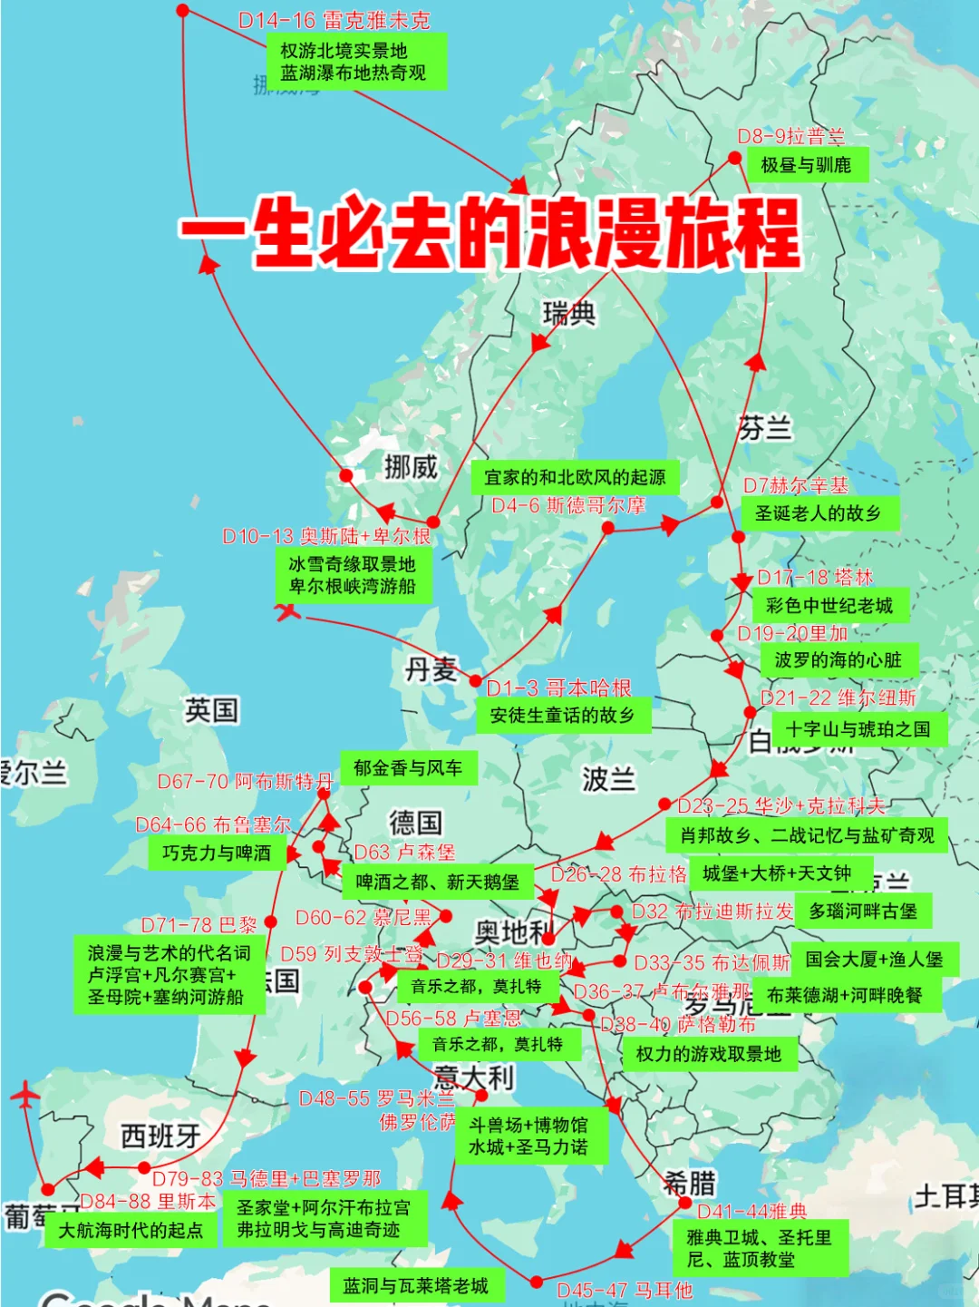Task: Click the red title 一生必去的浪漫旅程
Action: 489,231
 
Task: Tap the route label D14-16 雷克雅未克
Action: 334,20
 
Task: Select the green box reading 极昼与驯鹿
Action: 807,165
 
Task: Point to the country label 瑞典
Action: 569,314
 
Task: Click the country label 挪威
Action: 411,467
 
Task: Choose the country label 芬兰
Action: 765,427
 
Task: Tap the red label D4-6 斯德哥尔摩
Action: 568,505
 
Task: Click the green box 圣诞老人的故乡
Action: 819,513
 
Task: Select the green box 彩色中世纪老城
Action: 829,605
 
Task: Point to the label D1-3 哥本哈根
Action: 558,688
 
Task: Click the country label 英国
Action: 211,709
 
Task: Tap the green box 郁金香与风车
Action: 408,768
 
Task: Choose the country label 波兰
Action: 608,778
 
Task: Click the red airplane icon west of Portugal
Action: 25,1095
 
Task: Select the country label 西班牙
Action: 160,1136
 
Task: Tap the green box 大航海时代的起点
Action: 131,1231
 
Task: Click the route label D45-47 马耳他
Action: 625,1290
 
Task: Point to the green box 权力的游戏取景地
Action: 708,1054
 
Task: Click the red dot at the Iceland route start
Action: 183,11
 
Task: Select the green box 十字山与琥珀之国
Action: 858,729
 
